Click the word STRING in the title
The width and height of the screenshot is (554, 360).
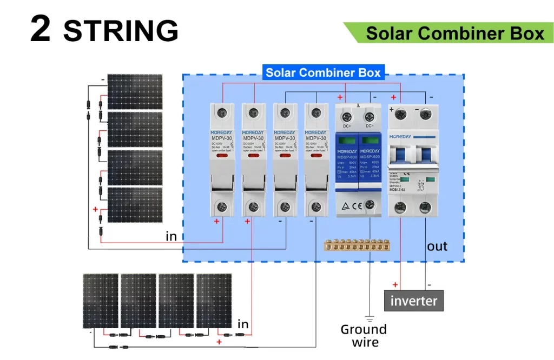(121, 30)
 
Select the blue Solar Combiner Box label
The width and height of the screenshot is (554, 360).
(323, 72)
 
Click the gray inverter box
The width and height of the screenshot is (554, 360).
(414, 301)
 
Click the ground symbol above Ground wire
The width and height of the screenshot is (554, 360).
(370, 317)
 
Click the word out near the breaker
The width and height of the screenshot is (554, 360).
(437, 246)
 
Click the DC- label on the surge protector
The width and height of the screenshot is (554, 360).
(370, 126)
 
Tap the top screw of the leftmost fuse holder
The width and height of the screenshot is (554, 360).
(221, 112)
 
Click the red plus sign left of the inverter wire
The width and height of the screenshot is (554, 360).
(395, 285)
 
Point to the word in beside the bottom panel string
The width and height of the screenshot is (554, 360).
(243, 324)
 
